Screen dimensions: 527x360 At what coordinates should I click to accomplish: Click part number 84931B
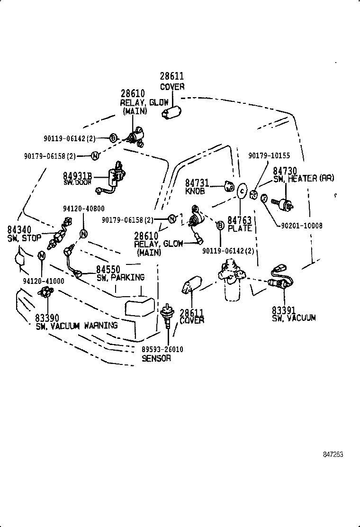pos(77,176)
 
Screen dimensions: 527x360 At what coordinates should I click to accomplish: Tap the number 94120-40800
pos(83,209)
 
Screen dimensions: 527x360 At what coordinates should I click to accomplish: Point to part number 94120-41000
pos(43,281)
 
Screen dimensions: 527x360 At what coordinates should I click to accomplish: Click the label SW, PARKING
pos(120,277)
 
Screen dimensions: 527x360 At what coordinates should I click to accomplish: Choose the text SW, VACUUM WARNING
pos(76,326)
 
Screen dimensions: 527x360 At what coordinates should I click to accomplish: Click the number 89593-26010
pos(162,349)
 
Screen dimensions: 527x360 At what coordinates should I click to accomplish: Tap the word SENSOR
pos(156,358)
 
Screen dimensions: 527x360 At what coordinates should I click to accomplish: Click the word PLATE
pos(240,228)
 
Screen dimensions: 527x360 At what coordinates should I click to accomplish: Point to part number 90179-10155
pos(269,155)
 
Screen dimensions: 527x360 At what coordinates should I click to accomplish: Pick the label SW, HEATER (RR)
pos(304,178)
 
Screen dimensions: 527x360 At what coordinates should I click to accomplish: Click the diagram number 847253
pos(333,454)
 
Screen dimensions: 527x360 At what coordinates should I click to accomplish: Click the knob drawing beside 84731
pos(229,186)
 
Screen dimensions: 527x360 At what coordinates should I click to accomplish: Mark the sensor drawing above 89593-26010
pos(167,314)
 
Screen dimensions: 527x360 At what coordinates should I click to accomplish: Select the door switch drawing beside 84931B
pos(115,177)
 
